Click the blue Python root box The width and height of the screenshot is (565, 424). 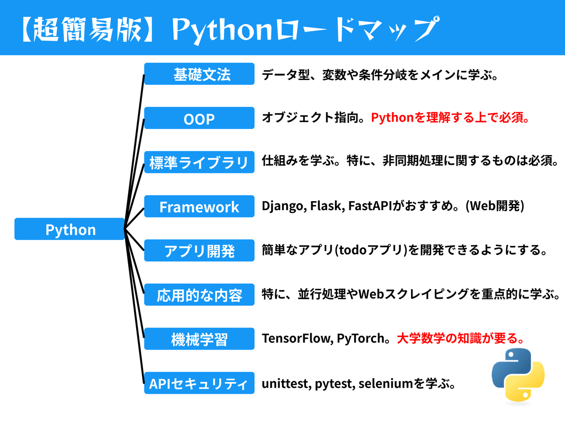click(x=70, y=229)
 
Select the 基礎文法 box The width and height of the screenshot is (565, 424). click(x=199, y=74)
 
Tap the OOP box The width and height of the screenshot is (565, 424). click(x=199, y=119)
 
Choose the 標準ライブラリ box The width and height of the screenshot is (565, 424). click(x=199, y=163)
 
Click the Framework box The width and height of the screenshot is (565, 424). click(x=199, y=207)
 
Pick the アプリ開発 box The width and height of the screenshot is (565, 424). click(x=199, y=251)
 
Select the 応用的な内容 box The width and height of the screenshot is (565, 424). click(x=199, y=295)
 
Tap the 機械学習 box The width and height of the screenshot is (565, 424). click(x=199, y=339)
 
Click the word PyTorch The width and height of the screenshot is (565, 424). click(x=360, y=339)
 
